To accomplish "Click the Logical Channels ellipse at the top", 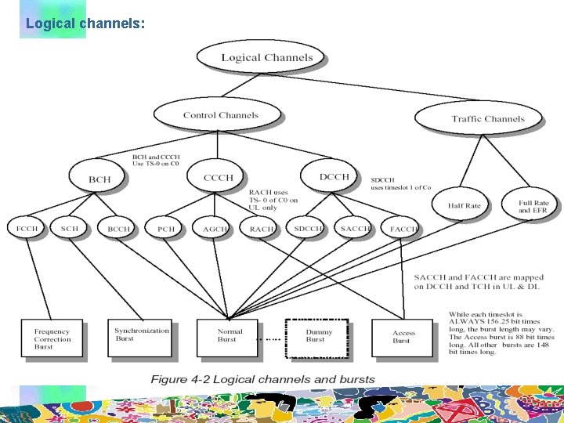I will click(266, 57).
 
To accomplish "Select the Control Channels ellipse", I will click(220, 115).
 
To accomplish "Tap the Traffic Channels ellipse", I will click(487, 119).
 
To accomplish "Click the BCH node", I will click(99, 179).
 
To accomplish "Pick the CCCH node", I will click(218, 178).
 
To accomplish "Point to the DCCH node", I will click(334, 177).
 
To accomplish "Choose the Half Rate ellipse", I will click(464, 206).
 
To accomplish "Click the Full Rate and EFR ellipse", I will click(533, 206).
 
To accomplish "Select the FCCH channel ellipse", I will click(27, 229).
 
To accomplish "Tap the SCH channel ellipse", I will click(70, 229).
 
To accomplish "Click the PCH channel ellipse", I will click(165, 229).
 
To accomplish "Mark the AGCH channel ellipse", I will click(214, 229).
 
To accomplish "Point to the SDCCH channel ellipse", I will click(308, 229).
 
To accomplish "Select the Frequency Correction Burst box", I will click(52, 338).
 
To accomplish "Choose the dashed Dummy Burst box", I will click(316, 335).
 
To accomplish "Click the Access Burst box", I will click(403, 336).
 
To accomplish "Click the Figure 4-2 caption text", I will click(262, 379).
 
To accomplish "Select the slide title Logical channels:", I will click(85, 23).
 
